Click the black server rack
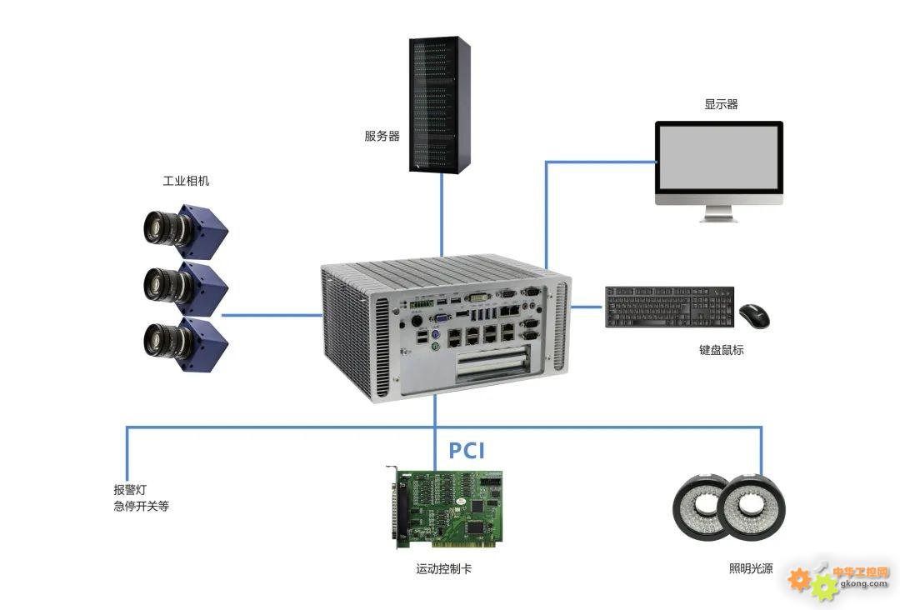click(x=440, y=104)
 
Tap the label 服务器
click(x=382, y=136)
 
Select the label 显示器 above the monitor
click(x=721, y=104)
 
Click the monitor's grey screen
click(x=718, y=158)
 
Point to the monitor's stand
click(x=718, y=213)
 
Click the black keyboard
click(x=669, y=307)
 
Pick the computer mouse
click(x=754, y=316)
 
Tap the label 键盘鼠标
click(x=721, y=349)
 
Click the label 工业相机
click(x=186, y=181)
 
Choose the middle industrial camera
click(x=185, y=286)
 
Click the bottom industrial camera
click(x=185, y=342)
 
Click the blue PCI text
click(x=467, y=451)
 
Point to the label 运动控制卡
click(x=443, y=568)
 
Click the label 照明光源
click(x=751, y=568)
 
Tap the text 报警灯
click(x=130, y=489)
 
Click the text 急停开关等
click(x=141, y=506)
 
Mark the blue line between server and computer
click(x=442, y=215)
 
